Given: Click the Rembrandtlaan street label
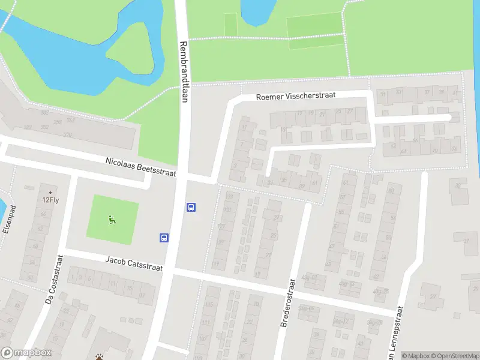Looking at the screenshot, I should pos(184,71).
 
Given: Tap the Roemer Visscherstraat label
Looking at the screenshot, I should pos(295,95).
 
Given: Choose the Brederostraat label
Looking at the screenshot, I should pos(288,303).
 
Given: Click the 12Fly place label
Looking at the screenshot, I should pos(50,200).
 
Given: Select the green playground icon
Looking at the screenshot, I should pos(112,220).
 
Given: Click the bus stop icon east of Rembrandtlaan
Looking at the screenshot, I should pos(191,208).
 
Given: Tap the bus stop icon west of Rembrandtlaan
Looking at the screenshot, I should pos(164,237).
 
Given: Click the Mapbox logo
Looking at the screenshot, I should pos(26,353).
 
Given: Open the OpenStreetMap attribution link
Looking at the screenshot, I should pos(454,356).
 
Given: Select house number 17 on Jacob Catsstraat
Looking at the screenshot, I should pos(142,295).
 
